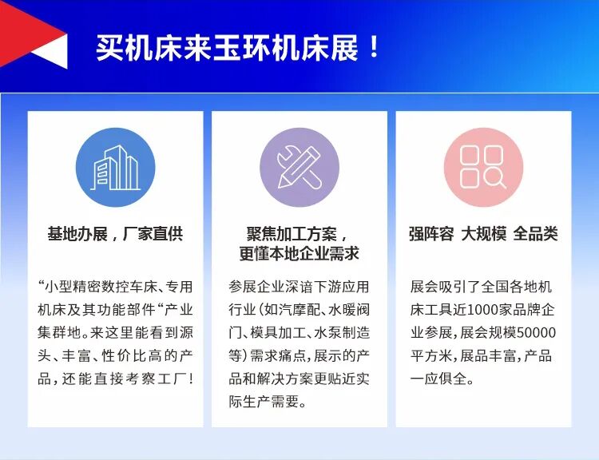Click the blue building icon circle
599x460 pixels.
coord(115,168)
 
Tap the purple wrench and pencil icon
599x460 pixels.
coord(299,168)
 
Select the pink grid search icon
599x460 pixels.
coord(483,168)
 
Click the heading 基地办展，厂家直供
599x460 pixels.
coord(115,234)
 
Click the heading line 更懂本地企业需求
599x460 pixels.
coord(299,254)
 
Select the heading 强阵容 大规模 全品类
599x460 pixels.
coord(483,234)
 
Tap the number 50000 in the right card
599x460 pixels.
coord(535,332)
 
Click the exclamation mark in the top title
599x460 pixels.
coord(375,48)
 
